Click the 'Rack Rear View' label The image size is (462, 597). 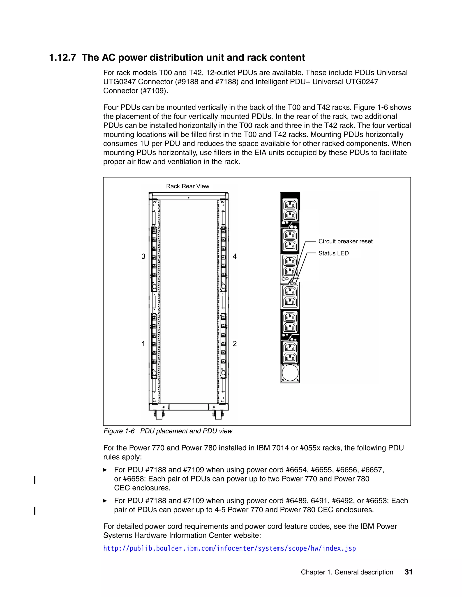(187, 186)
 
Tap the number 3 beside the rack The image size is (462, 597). (143, 256)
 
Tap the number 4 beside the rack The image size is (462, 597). (235, 256)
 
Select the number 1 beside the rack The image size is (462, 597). (143, 344)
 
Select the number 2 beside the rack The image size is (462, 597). (235, 344)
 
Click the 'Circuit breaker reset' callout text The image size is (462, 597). (345, 241)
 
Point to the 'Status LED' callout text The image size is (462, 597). (333, 253)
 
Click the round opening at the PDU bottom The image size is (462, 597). (290, 373)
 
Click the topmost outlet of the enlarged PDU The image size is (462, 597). (290, 205)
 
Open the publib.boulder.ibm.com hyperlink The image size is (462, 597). (229, 548)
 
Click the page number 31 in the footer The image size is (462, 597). (408, 572)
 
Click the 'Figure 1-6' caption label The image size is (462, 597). (119, 431)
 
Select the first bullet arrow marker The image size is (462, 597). (105, 470)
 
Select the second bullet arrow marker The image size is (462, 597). (105, 501)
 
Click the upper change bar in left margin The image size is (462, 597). (35, 480)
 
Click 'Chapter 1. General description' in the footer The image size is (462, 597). (347, 572)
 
